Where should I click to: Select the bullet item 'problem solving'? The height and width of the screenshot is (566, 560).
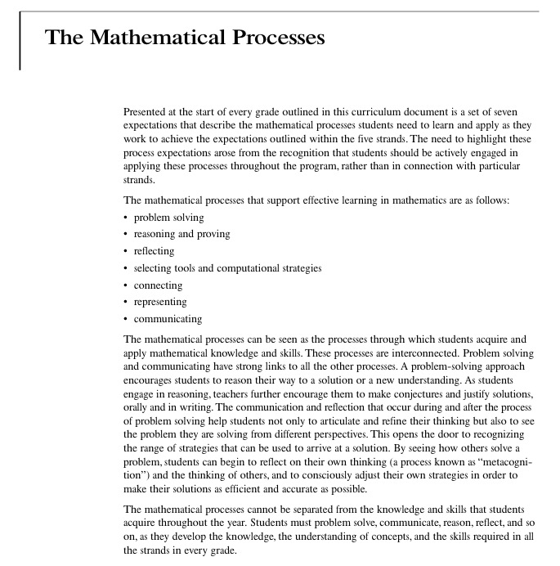coord(169,218)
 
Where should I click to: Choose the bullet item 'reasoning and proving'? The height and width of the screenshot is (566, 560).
coord(182,234)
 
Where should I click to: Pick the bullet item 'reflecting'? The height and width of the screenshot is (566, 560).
coord(155,251)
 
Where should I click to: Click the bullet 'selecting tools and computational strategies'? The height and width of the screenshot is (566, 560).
coord(228,268)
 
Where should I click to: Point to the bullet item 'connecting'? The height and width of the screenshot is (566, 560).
coord(159,285)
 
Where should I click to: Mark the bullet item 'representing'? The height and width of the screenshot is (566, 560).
coord(161,302)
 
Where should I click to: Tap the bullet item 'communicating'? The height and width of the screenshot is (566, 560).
coord(168,319)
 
